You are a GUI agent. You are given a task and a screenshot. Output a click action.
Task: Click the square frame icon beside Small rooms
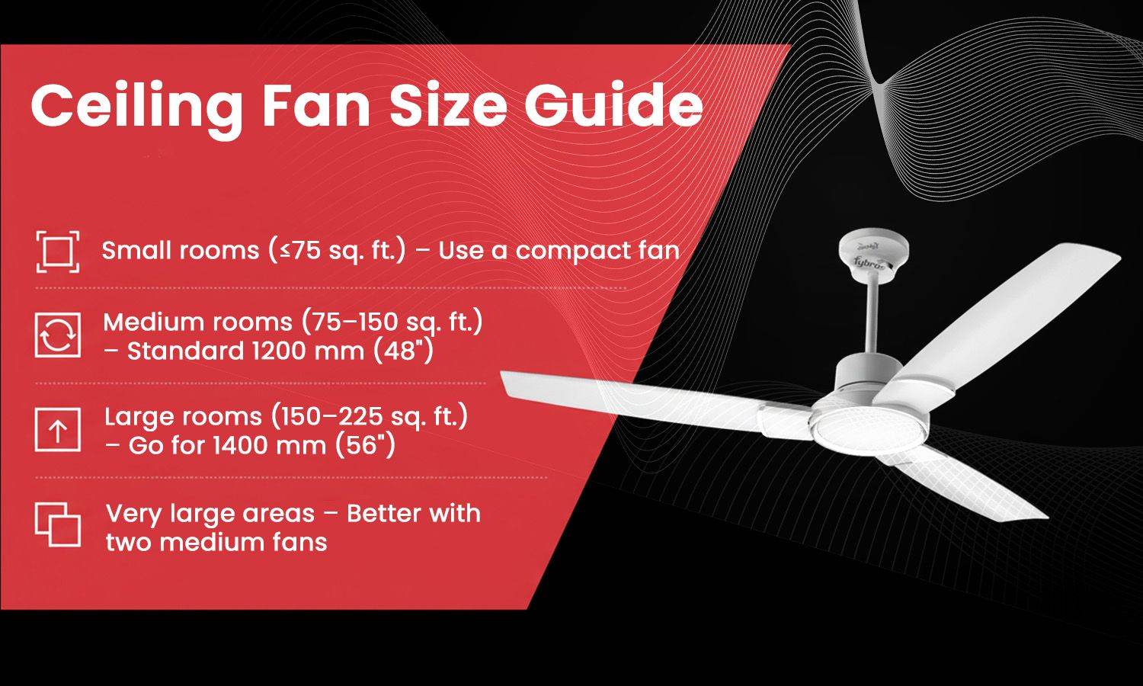pos(57,251)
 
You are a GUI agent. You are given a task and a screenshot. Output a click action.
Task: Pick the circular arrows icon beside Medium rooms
pos(57,335)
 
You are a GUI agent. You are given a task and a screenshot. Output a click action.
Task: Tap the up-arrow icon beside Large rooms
pos(57,430)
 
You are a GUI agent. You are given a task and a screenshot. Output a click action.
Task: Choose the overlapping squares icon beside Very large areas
pos(57,524)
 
